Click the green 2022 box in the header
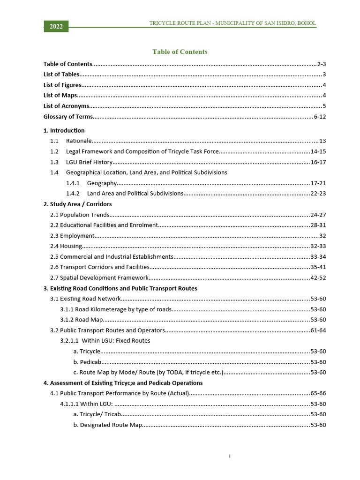[56, 27]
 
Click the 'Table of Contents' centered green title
[180, 52]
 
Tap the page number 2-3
[322, 64]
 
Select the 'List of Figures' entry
[62, 85]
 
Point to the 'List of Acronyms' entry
[66, 106]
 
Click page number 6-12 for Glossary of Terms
[320, 117]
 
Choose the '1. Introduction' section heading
[64, 130]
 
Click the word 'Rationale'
[79, 141]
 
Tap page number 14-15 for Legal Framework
[318, 151]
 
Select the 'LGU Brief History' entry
[90, 162]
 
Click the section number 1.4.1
[73, 183]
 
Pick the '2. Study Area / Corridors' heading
[77, 204]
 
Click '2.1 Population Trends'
[80, 215]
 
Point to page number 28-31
[318, 225]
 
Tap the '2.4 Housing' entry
[66, 246]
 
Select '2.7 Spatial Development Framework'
[99, 277]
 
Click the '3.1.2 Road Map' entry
[82, 320]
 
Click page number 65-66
[318, 393]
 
